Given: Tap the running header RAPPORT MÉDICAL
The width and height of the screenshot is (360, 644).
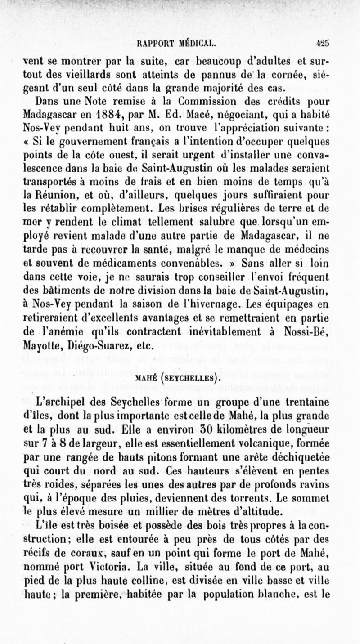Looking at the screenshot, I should coord(179,45).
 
